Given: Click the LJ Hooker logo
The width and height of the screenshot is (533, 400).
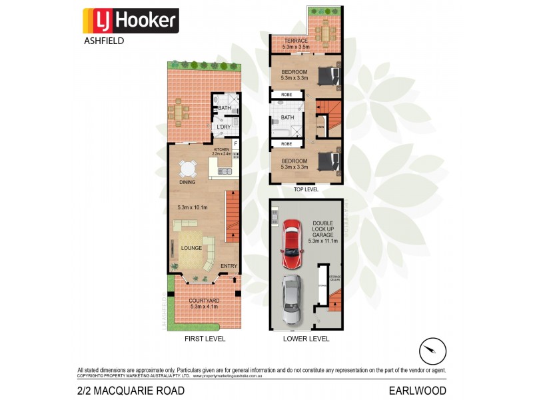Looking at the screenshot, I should tap(130, 21).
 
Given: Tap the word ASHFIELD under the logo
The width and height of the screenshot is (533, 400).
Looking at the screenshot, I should tap(103, 40).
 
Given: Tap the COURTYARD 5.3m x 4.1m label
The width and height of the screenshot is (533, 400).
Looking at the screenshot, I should tap(204, 303).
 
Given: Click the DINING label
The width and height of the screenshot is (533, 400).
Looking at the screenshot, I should tap(187, 182).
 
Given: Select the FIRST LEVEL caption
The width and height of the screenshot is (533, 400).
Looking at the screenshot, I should tap(205, 339).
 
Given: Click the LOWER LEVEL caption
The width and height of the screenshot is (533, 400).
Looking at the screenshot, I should tap(306, 339).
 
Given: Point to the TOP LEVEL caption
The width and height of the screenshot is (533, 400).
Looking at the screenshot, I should tap(306, 189).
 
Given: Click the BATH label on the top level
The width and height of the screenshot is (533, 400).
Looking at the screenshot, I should tap(287, 117).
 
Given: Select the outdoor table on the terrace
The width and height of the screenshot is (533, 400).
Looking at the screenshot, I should tap(325, 31).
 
